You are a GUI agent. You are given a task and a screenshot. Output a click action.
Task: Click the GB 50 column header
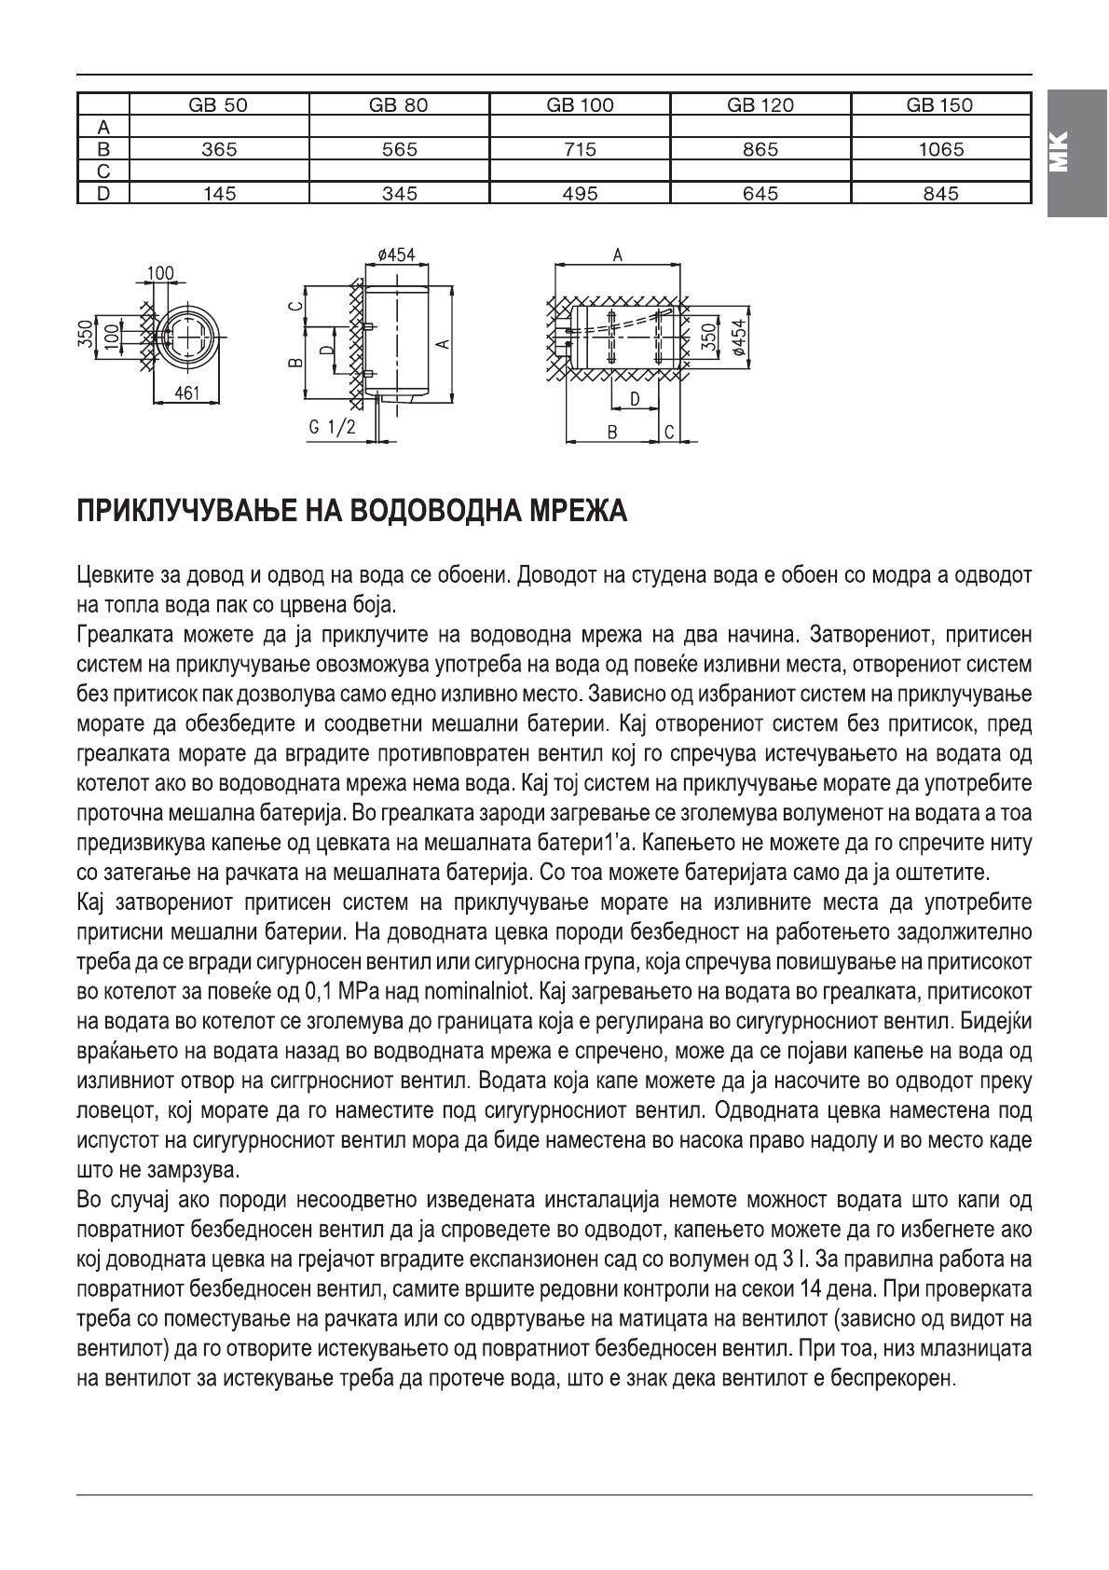[218, 104]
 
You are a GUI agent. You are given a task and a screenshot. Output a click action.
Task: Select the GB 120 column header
[760, 104]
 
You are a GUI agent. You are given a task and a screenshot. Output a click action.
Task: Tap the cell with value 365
[218, 149]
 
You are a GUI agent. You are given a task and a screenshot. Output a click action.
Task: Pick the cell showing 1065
[940, 149]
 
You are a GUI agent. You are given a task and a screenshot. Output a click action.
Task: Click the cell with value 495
[580, 194]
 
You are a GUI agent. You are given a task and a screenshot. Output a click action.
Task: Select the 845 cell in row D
[940, 194]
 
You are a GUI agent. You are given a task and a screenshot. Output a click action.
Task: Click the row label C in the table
[103, 172]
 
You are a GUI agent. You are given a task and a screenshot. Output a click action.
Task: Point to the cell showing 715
[580, 149]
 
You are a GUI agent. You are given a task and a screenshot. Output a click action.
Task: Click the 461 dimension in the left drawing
[186, 393]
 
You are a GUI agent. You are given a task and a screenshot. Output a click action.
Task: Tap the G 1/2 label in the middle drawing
[331, 427]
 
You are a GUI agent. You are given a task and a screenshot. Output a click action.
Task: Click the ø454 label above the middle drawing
[396, 255]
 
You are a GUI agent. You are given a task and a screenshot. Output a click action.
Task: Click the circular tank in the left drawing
[189, 333]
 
